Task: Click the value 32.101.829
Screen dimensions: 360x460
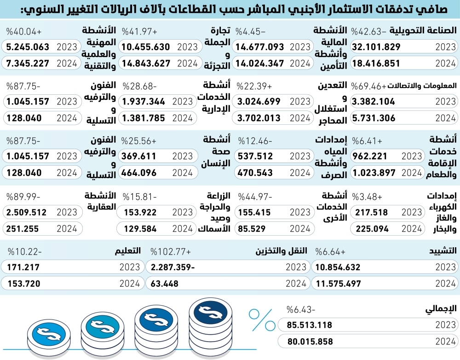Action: (x=376, y=46)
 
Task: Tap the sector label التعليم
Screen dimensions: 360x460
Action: (x=127, y=251)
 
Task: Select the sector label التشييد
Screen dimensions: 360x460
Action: (x=442, y=251)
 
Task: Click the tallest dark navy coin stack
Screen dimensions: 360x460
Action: (x=210, y=326)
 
